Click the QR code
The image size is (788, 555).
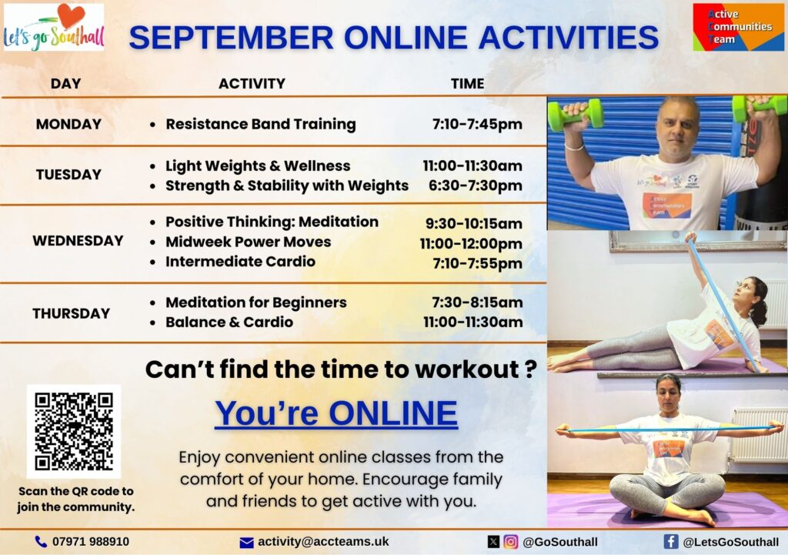(74, 431)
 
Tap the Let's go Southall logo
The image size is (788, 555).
(54, 27)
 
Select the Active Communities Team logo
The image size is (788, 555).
(738, 27)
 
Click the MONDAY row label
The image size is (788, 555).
(68, 124)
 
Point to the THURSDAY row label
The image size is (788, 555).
(72, 314)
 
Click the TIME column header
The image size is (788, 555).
(467, 83)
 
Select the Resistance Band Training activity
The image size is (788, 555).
(261, 124)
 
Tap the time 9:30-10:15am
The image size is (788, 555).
(474, 223)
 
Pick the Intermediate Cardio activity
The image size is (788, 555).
(240, 262)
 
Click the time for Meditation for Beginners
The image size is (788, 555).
(477, 303)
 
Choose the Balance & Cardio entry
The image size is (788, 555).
(229, 323)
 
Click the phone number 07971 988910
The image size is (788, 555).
(91, 541)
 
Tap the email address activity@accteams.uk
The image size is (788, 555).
(323, 541)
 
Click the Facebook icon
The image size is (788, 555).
(671, 541)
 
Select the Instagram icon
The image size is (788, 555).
(511, 541)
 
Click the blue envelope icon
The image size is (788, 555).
(247, 543)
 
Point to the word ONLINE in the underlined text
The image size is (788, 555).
(393, 413)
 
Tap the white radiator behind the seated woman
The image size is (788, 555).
(758, 436)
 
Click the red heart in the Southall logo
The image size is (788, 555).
(71, 15)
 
